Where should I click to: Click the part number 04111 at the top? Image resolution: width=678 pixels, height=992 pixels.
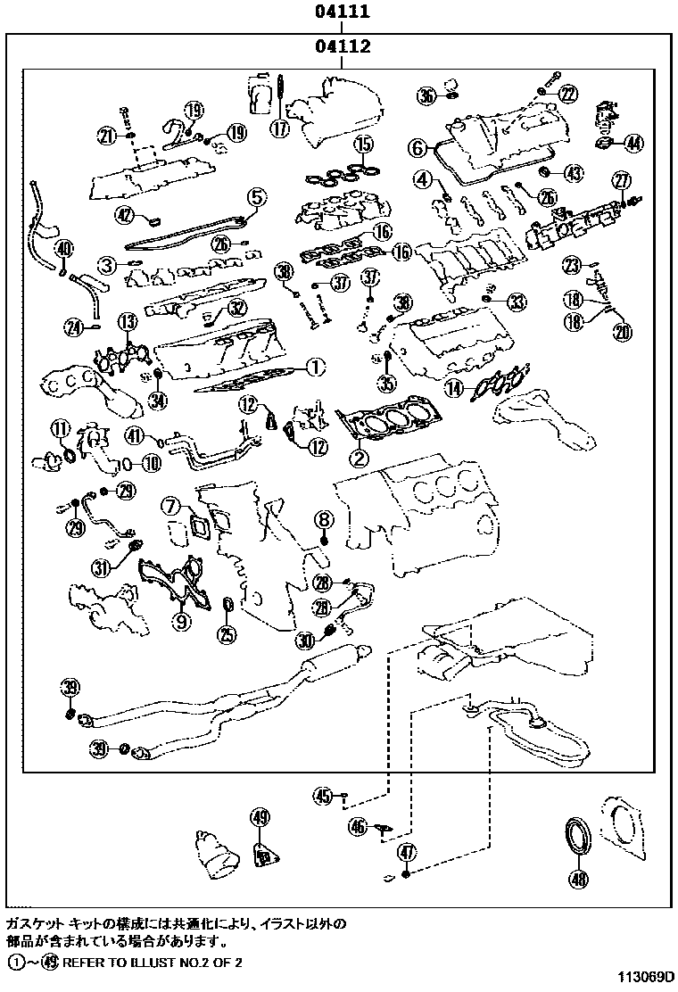point(341,12)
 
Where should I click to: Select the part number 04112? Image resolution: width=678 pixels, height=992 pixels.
point(341,45)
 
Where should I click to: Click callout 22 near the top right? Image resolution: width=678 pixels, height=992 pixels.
point(567,92)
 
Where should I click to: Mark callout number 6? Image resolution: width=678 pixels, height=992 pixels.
point(418,147)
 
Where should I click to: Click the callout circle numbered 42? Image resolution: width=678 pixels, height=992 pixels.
point(124,213)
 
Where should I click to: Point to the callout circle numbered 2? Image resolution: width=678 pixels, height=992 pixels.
point(358,459)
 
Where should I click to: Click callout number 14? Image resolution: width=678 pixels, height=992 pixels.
point(456,387)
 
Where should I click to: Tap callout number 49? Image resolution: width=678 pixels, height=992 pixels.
point(260,816)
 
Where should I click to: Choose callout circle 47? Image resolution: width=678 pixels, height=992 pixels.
point(406,851)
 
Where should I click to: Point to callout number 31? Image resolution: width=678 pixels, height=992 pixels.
point(101,566)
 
